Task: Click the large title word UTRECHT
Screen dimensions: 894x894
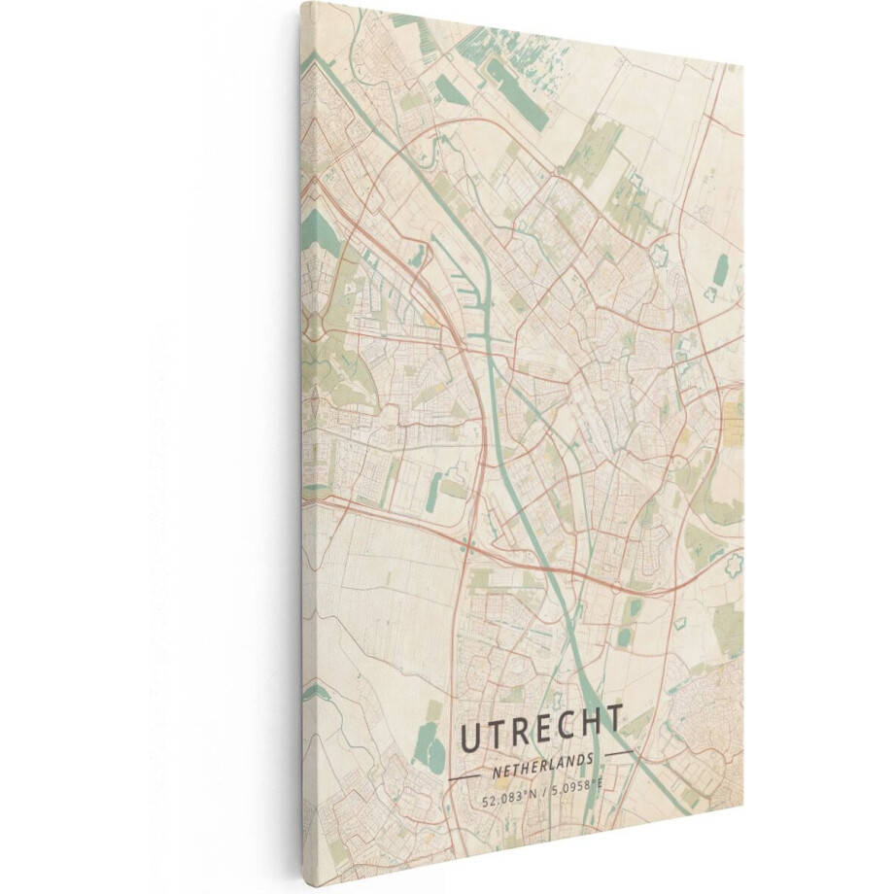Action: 540,731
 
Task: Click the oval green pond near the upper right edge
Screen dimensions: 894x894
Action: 720,269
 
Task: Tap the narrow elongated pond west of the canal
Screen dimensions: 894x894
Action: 433,491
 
